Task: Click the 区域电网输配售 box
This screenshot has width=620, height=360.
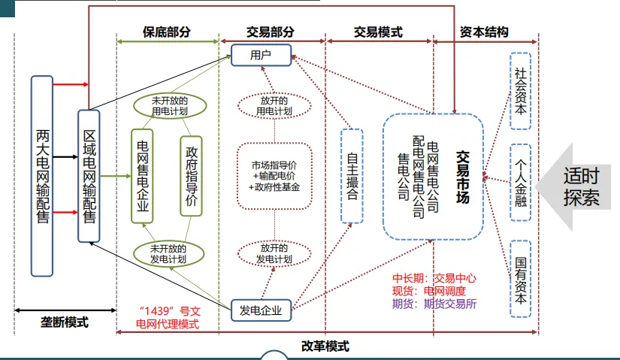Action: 89,176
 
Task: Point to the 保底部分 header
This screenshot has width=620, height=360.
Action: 167,32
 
